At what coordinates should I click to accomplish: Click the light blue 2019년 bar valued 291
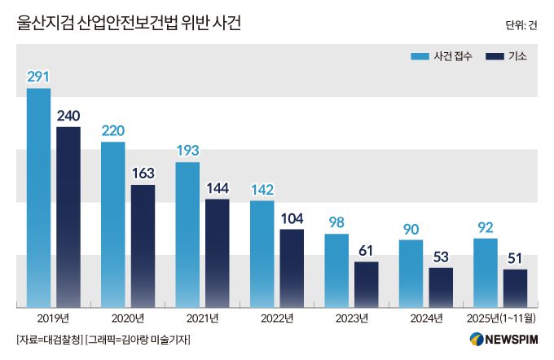(38, 197)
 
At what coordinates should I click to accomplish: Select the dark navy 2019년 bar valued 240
(68, 217)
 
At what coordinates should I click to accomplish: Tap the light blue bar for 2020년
(113, 224)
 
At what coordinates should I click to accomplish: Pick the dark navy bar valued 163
(143, 245)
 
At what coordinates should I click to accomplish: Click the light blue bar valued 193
(187, 234)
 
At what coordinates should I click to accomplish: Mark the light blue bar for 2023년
(336, 270)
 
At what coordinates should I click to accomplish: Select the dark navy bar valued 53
(441, 287)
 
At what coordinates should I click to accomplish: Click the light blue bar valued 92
(486, 272)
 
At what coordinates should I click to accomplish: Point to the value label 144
(217, 187)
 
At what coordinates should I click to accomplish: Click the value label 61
(367, 250)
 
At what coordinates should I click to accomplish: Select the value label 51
(515, 258)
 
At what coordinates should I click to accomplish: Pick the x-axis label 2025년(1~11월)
(499, 318)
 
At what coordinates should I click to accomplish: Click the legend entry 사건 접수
(442, 56)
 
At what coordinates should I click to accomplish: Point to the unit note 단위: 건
(521, 24)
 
